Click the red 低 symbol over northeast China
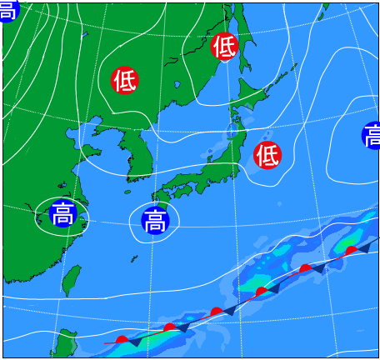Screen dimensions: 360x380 click(x=125, y=80)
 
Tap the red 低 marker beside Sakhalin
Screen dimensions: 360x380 click(x=224, y=47)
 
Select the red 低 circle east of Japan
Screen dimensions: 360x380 click(x=267, y=154)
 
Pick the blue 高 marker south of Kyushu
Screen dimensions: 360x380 click(x=154, y=222)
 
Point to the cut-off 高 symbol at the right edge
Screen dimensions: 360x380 click(x=372, y=135)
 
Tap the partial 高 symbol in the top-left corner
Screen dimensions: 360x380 click(x=7, y=10)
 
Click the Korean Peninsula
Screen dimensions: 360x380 click(x=133, y=150)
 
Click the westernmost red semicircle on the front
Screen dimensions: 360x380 click(x=122, y=340)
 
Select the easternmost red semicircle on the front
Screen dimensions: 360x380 click(x=351, y=250)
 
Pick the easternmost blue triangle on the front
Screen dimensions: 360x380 click(x=364, y=247)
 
